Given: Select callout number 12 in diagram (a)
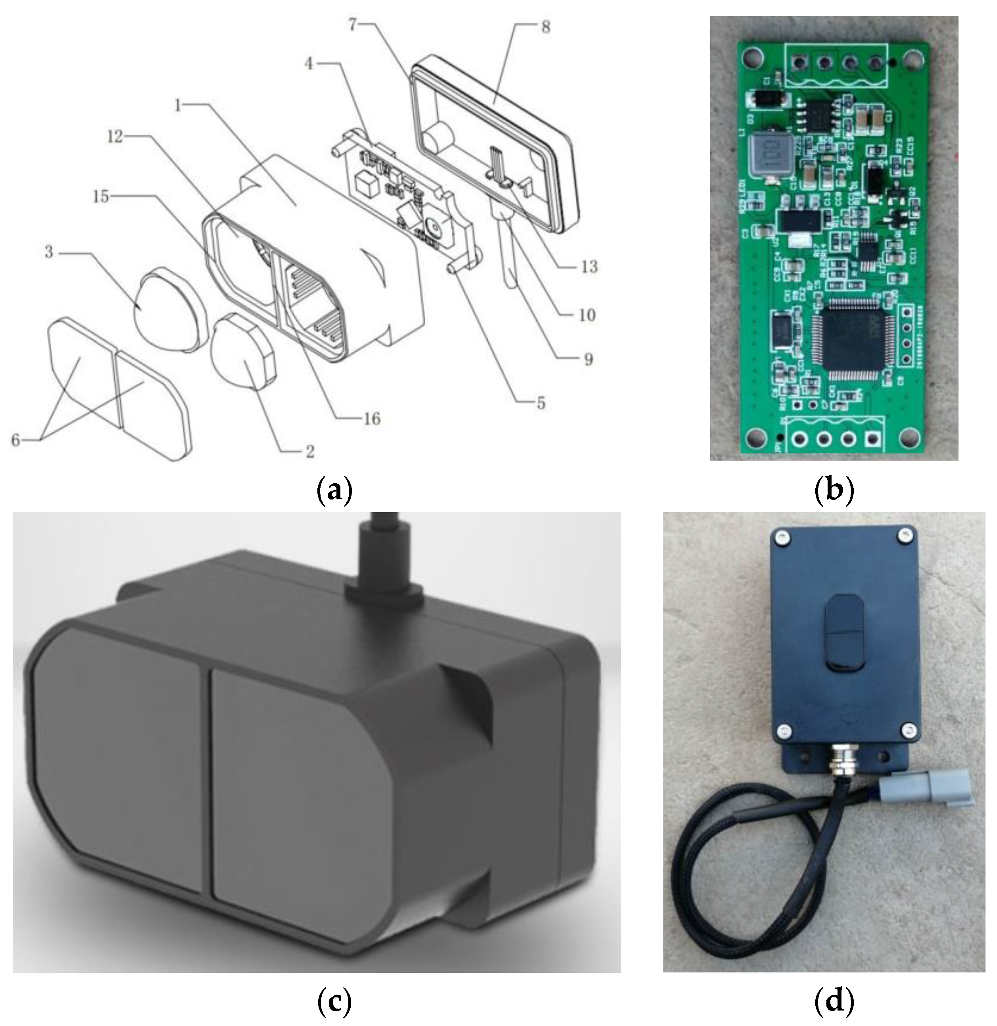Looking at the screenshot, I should (x=115, y=137).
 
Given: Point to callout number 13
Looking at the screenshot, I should (x=589, y=267).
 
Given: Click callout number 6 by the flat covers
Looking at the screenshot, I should (x=16, y=440).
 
